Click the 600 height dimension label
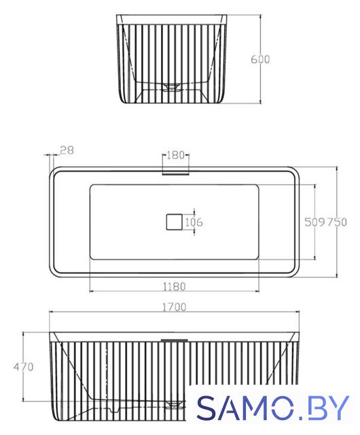click(x=260, y=59)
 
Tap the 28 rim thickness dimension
click(x=67, y=150)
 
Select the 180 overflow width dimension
click(x=175, y=155)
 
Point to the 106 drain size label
click(x=194, y=222)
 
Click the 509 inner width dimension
click(x=314, y=222)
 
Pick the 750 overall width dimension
click(x=336, y=222)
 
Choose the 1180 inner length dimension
click(x=174, y=286)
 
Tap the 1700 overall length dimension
click(x=174, y=307)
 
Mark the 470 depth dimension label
click(x=24, y=367)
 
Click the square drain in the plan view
click(x=174, y=222)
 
